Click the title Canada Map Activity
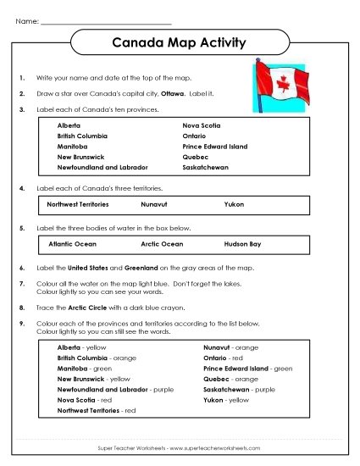[179, 42]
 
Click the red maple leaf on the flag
[283, 84]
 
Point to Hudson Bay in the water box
[242, 243]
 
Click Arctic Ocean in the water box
[160, 243]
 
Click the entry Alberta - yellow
[81, 347]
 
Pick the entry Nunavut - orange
[230, 347]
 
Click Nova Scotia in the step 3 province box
[203, 125]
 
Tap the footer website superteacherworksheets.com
[220, 447]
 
